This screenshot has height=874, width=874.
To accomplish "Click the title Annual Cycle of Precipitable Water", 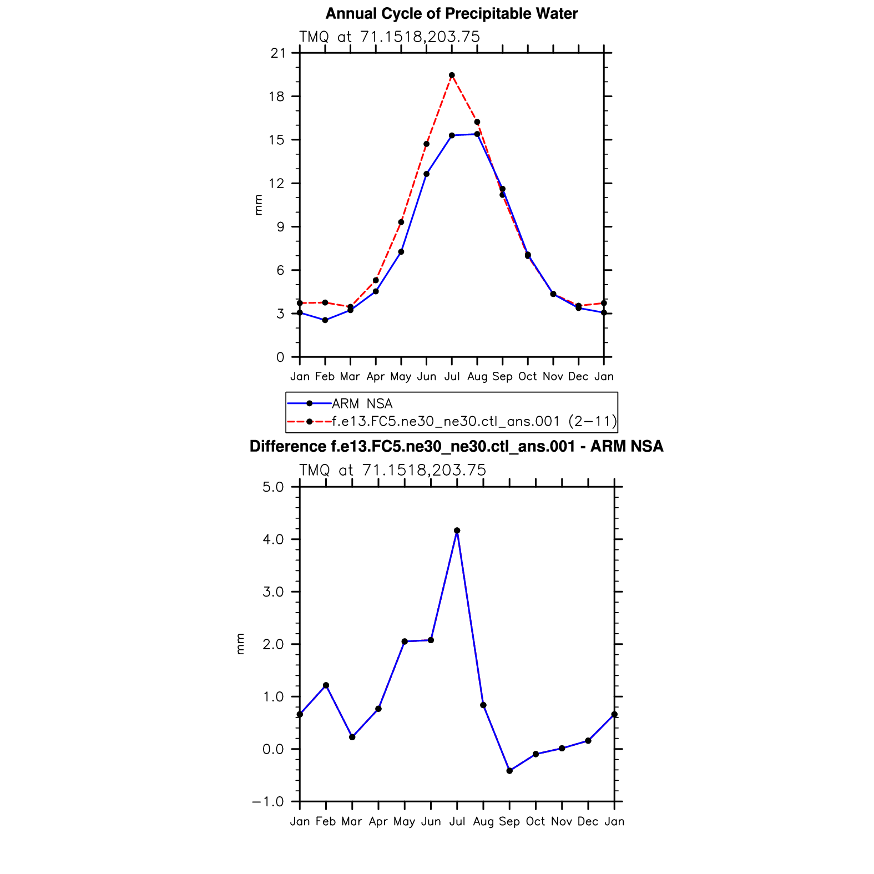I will [451, 14].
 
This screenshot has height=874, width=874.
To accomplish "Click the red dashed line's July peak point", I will [452, 75].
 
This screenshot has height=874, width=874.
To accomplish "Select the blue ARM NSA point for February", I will [325, 320].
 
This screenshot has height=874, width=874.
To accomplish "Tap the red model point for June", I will [426, 144].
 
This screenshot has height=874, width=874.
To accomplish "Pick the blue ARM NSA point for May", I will [401, 252].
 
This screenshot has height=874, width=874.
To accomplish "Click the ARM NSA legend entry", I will [362, 403].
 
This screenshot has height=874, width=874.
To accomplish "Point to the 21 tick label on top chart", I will [277, 53].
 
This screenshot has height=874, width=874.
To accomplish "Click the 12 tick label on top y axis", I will [277, 184].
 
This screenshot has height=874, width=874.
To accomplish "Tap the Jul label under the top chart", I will [452, 377].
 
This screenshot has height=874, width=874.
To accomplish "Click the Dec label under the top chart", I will [578, 377].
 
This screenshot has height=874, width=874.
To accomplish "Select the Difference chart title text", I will [456, 447].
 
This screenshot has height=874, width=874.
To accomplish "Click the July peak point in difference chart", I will [457, 531].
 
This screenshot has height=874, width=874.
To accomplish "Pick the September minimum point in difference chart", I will [509, 771].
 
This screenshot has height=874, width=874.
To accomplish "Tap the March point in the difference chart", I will [352, 737].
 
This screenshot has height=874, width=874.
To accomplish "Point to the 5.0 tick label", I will [273, 487].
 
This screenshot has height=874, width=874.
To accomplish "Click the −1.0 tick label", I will [268, 802].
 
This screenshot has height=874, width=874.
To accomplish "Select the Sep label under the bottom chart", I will [509, 822].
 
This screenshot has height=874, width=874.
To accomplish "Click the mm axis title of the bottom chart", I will [240, 644].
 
